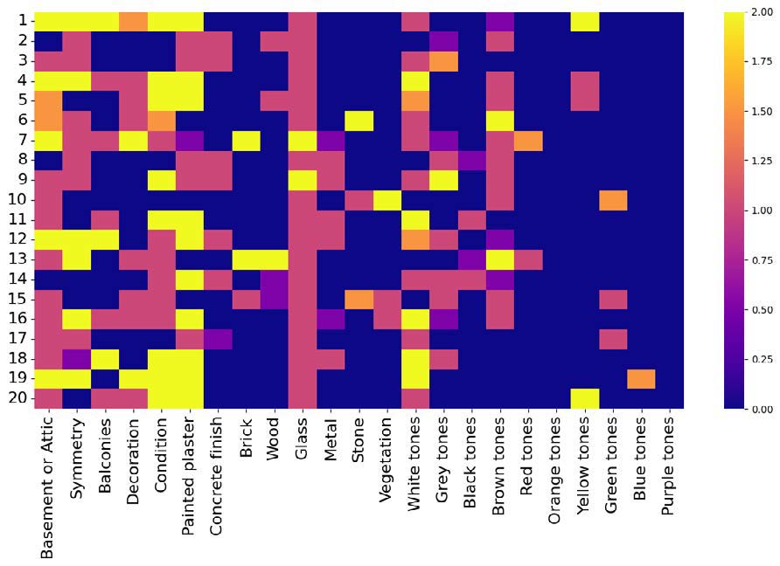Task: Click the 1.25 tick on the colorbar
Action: point(756,161)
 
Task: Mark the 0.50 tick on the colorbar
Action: point(756,309)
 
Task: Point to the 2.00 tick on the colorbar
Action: point(756,12)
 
